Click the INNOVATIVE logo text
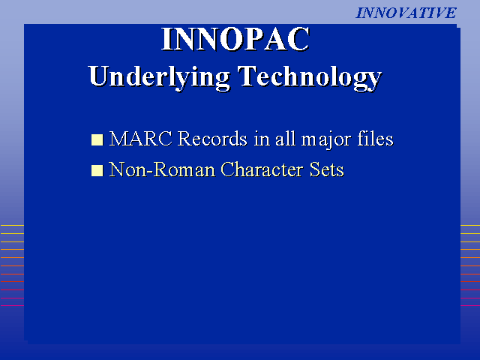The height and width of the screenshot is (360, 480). (x=406, y=13)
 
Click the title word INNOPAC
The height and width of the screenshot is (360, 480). (x=235, y=39)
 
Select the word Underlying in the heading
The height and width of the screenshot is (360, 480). (x=159, y=77)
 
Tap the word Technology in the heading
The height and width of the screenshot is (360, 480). (x=310, y=77)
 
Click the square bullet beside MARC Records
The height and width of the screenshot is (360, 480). (x=97, y=139)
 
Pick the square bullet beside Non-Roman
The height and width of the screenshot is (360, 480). (x=97, y=170)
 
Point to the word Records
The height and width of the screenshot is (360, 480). (x=212, y=139)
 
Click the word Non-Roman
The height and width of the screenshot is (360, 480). (x=162, y=169)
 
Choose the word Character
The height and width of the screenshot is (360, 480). (x=262, y=169)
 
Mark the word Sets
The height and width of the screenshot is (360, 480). (x=327, y=169)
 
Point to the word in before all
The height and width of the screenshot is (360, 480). (x=262, y=139)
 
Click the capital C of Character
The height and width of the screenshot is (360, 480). (x=227, y=169)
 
